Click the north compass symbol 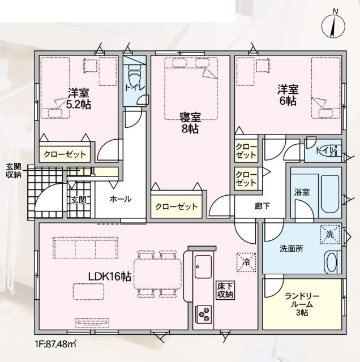click(x=333, y=25)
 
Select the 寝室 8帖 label click(x=190, y=123)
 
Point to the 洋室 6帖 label click(x=288, y=95)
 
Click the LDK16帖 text click(x=110, y=277)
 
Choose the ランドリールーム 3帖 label click(x=302, y=304)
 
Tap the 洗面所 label click(x=292, y=249)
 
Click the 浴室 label click(x=302, y=192)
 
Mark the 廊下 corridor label click(x=262, y=206)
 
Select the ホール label click(x=121, y=199)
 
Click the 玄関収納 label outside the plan click(x=14, y=171)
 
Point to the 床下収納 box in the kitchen click(x=225, y=290)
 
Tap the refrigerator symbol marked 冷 click(x=247, y=262)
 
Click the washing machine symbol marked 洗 click(x=330, y=234)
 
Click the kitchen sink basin click(x=203, y=266)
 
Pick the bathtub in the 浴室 click(x=330, y=195)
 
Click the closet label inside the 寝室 click(x=176, y=206)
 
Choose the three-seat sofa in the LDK click(x=85, y=248)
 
